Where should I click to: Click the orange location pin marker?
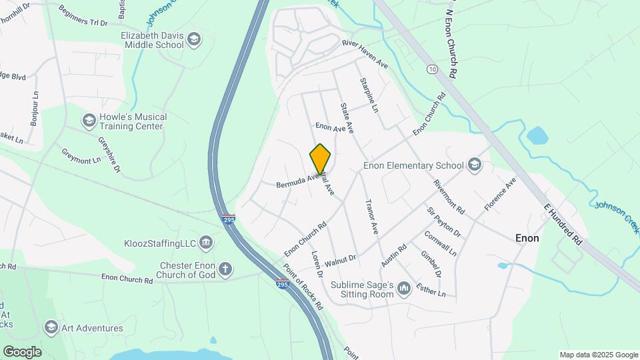point(320,159)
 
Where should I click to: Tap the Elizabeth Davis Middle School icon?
point(194,39)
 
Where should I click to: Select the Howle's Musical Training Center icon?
point(89,121)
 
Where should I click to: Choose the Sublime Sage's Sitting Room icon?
point(403,289)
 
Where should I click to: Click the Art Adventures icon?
point(51,327)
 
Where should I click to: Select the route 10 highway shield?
point(433,69)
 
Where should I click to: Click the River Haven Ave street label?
point(365,53)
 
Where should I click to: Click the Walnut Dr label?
point(341,257)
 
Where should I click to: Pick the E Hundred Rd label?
point(563,224)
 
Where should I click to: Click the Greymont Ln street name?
point(82,156)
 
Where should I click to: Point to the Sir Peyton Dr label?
point(444,222)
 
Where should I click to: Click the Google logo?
point(22,351)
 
